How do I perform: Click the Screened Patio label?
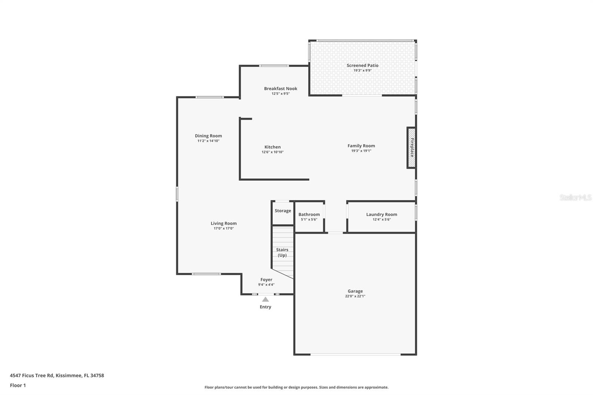click(x=362, y=66)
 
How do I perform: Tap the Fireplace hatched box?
click(x=411, y=148)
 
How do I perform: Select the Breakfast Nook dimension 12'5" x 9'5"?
click(x=281, y=94)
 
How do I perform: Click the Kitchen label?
click(x=272, y=147)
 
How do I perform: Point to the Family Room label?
click(x=361, y=146)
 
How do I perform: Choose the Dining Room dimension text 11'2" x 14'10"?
click(x=208, y=141)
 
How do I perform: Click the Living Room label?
click(x=223, y=223)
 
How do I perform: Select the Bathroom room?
click(x=309, y=217)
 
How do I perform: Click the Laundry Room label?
click(x=381, y=215)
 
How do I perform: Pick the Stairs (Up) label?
click(x=282, y=252)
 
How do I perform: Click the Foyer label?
click(x=266, y=280)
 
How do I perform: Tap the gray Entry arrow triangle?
click(x=265, y=299)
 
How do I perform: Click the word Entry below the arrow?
click(x=265, y=307)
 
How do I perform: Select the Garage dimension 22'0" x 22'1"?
click(x=355, y=296)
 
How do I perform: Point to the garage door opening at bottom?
click(x=355, y=355)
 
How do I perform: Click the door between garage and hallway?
click(x=335, y=233)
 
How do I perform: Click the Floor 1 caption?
click(x=18, y=385)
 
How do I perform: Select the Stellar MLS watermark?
click(x=575, y=198)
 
